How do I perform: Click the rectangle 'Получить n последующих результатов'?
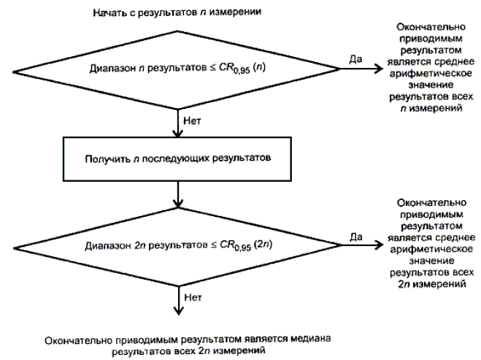tap(177, 157)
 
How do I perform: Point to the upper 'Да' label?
tap(356, 59)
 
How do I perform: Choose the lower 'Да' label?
tap(356, 236)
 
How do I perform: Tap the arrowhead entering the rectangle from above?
tap(177, 134)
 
